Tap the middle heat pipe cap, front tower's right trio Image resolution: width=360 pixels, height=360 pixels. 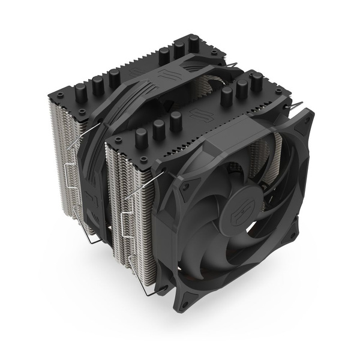pyautogui.click(x=243, y=87)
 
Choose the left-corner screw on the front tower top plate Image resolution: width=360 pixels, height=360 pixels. pyautogui.click(x=114, y=140)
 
